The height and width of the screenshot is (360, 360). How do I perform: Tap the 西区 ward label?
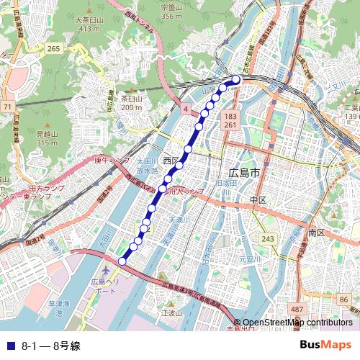pyautogui.click(x=170, y=160)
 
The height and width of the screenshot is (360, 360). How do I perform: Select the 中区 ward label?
pyautogui.click(x=258, y=199)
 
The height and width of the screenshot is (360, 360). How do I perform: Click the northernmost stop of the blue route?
pyautogui.click(x=237, y=79)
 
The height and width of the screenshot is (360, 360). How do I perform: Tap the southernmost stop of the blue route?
pyautogui.click(x=122, y=261)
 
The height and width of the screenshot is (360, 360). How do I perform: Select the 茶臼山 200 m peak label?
pyautogui.click(x=131, y=99)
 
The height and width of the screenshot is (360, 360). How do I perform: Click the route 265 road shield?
pyautogui.click(x=53, y=48)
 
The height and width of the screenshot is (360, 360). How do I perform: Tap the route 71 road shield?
pyautogui.click(x=7, y=107)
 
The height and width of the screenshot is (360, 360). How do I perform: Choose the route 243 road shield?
pyautogui.click(x=269, y=238)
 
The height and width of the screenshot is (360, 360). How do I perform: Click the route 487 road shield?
pyautogui.click(x=297, y=308)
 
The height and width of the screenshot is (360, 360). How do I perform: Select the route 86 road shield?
pyautogui.click(x=343, y=297)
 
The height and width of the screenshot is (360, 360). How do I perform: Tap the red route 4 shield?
pyautogui.click(x=185, y=108)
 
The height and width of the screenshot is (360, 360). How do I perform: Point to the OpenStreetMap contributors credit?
pyautogui.click(x=297, y=322)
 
